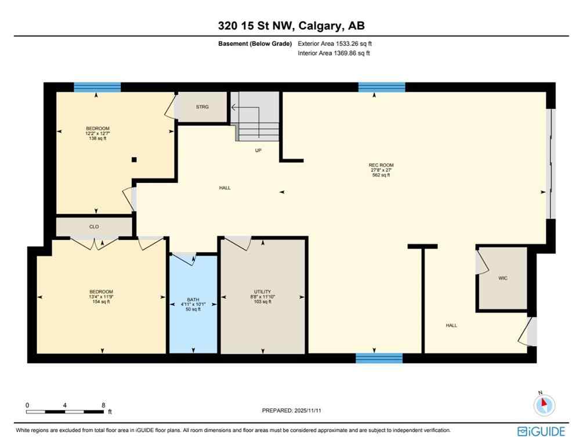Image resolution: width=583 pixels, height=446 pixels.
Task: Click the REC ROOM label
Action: point(381,165)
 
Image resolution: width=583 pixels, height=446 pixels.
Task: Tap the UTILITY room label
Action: point(262,292)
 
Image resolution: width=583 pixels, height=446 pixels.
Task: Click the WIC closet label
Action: point(503,278)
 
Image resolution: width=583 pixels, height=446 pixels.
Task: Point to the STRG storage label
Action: point(202,107)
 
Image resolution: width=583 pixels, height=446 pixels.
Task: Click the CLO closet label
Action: point(94,227)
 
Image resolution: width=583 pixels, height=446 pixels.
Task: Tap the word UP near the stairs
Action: point(259,150)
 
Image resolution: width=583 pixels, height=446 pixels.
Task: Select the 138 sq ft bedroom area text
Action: point(97,138)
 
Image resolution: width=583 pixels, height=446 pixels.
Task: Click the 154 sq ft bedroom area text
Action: point(101,301)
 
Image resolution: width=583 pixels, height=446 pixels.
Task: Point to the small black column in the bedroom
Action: point(134,160)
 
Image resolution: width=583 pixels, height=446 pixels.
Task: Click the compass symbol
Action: point(544,405)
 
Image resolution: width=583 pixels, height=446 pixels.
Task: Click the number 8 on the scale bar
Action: point(103,405)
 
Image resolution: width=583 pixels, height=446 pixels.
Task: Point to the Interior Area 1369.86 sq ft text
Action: point(334,53)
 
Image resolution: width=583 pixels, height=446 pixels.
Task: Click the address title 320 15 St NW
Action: point(291,26)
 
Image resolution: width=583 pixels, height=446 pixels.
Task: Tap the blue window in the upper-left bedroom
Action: point(97,88)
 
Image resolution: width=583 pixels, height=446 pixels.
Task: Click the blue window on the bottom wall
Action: point(379,358)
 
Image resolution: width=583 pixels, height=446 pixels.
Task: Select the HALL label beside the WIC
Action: point(451,325)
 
